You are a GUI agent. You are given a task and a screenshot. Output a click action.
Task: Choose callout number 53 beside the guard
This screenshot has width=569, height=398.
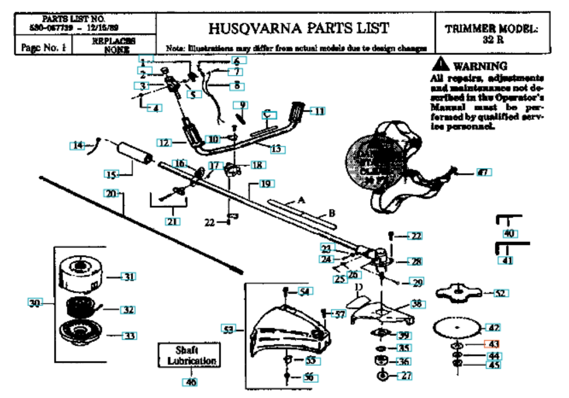tap(229, 329)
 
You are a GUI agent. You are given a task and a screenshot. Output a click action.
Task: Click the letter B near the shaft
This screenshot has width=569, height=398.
tap(331, 213)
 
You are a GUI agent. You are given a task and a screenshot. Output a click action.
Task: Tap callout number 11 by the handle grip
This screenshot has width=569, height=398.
tap(319, 111)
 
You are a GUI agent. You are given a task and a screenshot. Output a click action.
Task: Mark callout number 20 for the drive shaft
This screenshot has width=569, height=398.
tap(111, 193)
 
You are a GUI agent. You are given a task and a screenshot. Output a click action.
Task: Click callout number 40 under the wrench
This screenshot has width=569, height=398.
tap(509, 234)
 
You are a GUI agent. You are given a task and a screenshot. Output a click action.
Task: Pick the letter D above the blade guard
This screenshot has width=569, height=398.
tap(358, 286)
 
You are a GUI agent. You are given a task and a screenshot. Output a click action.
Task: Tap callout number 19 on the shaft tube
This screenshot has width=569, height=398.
tap(266, 184)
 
